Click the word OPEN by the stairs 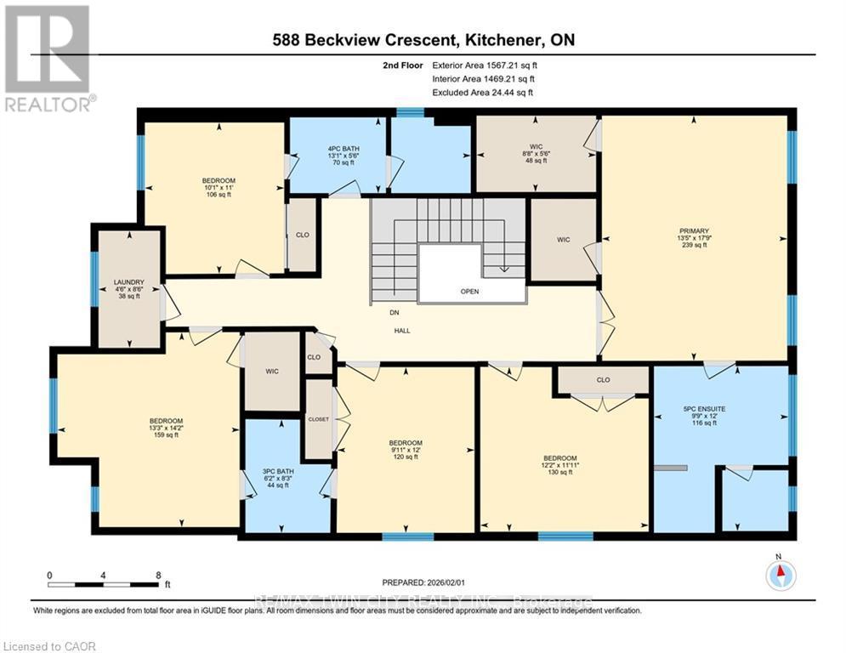coord(469,292)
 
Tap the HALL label coord(402,331)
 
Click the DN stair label coord(395,313)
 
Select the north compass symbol coord(780,576)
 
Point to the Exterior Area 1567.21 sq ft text coord(485,65)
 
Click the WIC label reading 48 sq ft coord(537,153)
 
